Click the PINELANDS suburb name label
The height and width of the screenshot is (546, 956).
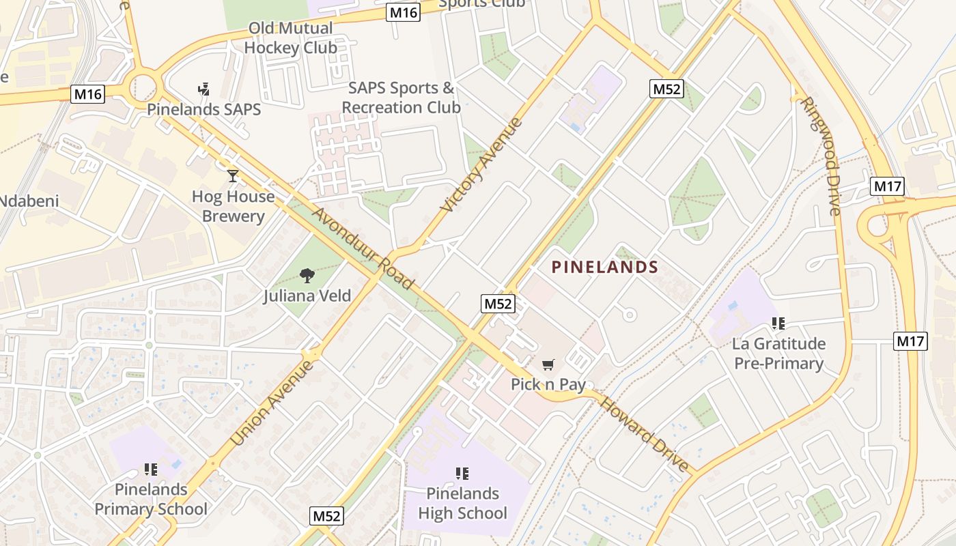pos(604,268)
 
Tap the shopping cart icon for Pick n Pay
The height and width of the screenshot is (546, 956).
pos(548,365)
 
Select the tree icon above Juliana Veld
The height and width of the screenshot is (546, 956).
pos(307,276)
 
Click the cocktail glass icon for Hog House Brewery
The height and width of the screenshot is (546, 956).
pos(233,176)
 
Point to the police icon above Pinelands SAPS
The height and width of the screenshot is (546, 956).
pos(203,89)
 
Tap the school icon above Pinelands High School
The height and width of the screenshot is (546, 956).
pos(462,473)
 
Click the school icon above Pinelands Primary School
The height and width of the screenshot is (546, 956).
pos(151,469)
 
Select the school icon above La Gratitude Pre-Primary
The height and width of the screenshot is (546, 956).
pos(778,323)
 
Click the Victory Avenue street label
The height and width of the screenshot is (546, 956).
pos(482,164)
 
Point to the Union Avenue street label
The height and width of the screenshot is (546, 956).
pos(272,403)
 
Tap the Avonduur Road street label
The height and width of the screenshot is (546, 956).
pos(363,248)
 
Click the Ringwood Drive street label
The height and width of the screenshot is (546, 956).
pos(820,156)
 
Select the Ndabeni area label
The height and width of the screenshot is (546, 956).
pos(29,201)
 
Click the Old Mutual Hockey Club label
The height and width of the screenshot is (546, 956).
pos(290,38)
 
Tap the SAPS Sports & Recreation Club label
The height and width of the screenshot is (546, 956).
pos(401,98)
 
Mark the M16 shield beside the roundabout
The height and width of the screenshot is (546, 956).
pos(88,94)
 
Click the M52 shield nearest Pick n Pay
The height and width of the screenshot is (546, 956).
pos(497,304)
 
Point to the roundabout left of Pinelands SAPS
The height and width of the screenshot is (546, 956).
pos(142,87)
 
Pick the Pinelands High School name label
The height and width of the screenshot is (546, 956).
pos(462,503)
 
